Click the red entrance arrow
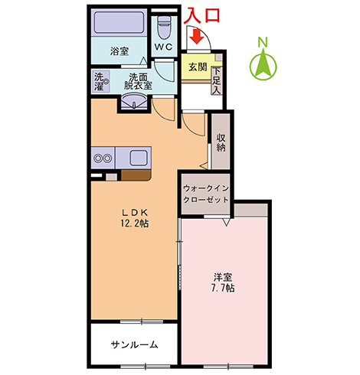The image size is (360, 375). (196, 37)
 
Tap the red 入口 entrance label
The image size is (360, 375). (202, 15)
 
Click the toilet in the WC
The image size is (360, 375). (164, 28)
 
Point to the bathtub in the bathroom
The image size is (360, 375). (119, 22)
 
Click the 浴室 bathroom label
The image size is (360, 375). (119, 51)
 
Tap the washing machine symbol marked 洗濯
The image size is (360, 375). (100, 81)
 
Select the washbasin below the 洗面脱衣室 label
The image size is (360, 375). (133, 102)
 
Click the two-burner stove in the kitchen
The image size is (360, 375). (103, 158)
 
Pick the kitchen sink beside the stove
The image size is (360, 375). (138, 158)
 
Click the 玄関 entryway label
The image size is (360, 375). (198, 67)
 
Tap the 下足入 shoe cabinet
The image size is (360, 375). (217, 80)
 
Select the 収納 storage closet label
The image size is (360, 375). (221, 142)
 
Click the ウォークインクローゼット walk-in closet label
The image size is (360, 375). (206, 194)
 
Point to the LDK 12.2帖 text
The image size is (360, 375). (134, 218)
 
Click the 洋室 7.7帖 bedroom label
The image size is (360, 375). (223, 282)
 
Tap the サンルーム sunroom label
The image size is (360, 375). (134, 344)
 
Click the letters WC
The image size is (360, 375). (164, 47)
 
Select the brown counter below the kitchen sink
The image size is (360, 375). (136, 174)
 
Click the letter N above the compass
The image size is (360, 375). (263, 42)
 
